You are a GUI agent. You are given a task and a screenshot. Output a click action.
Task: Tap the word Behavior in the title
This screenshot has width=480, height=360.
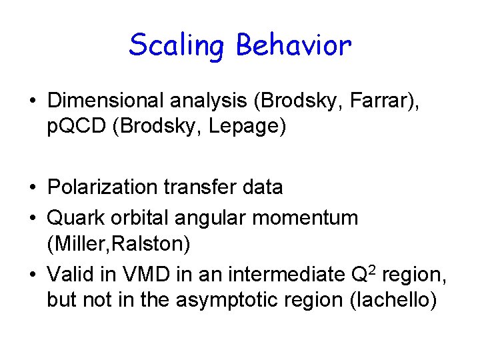pyautogui.click(x=294, y=45)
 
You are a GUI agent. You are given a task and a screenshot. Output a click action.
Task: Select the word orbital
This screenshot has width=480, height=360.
pyautogui.click(x=133, y=217)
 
